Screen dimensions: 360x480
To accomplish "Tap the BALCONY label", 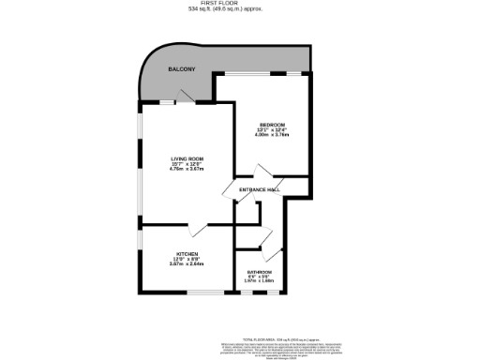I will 181,70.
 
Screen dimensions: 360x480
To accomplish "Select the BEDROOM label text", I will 273,124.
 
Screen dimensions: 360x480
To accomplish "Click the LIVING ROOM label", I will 187,159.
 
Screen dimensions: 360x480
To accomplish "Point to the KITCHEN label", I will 187,254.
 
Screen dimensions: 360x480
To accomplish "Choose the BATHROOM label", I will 259,271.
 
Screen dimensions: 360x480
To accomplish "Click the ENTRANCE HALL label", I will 260,190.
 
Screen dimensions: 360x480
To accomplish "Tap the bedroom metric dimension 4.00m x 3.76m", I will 273,135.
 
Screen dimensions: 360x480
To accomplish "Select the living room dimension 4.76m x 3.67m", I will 187,170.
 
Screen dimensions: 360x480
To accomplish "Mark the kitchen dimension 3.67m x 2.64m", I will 187,264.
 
